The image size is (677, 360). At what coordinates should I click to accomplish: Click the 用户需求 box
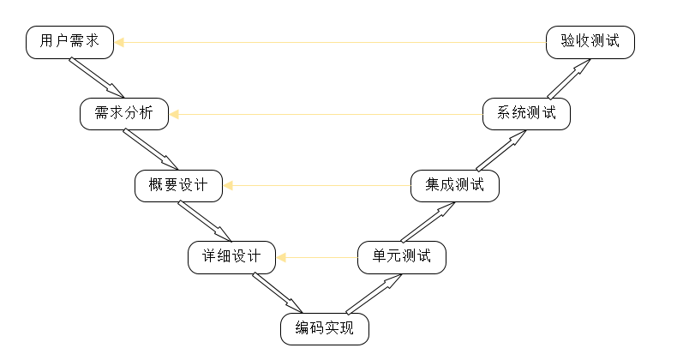70,42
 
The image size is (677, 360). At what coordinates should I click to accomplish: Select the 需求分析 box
124,114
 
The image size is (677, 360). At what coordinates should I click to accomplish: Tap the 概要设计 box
178,185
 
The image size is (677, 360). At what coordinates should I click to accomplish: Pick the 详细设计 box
231,256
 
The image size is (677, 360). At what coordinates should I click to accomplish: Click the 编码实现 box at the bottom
324,328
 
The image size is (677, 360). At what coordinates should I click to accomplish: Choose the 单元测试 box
402,256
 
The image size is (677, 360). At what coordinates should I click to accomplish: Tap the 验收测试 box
590,42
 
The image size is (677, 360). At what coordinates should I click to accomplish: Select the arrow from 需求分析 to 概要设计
151,149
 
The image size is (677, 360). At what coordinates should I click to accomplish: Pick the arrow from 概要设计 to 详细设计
205,220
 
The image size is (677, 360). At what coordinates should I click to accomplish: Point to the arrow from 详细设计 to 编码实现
278,292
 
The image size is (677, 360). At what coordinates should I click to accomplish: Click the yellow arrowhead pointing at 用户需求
119,42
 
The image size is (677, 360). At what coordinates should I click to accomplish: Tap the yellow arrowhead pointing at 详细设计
280,256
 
